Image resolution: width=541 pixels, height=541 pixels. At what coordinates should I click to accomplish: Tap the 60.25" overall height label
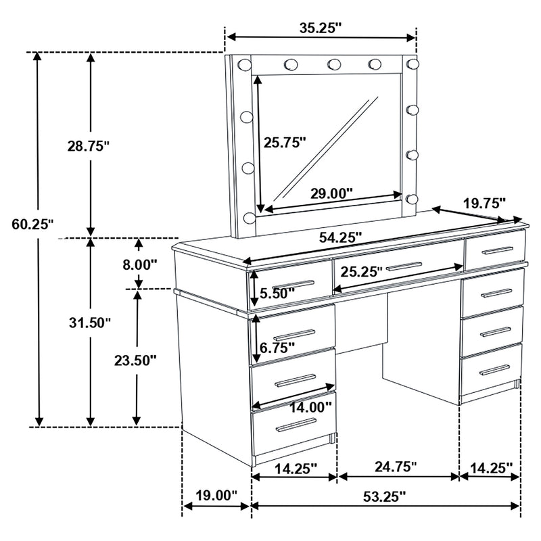coord(32,225)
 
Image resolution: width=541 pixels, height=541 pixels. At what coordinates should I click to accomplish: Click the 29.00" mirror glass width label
coord(331,193)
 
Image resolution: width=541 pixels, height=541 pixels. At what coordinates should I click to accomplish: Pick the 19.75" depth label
coord(484,203)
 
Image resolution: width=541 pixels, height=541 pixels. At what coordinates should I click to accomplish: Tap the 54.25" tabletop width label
coord(340,237)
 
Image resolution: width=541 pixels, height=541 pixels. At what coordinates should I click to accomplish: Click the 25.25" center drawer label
coord(362,271)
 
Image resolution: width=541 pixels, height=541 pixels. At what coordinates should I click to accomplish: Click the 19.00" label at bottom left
coord(216,495)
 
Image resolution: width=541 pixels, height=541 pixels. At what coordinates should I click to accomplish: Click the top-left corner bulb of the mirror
coord(243,64)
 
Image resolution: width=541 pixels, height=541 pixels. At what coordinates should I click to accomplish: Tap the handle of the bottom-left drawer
coord(296,424)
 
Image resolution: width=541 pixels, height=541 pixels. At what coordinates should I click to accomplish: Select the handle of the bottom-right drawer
coord(494,369)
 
